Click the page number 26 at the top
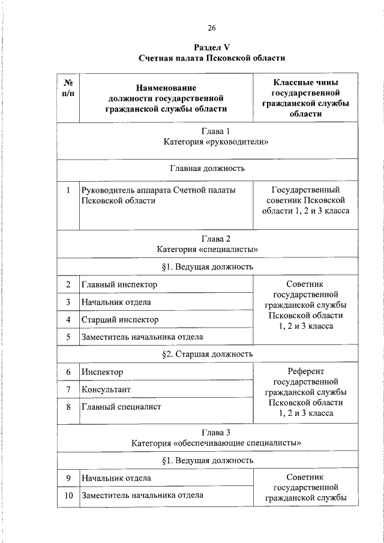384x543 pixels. pyautogui.click(x=211, y=28)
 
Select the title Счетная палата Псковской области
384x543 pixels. pyautogui.click(x=211, y=58)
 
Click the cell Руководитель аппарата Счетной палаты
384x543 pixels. pyautogui.click(x=158, y=190)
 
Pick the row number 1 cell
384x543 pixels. pyautogui.click(x=68, y=190)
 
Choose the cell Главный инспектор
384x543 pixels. pyautogui.click(x=119, y=284)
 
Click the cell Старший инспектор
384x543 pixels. pyautogui.click(x=120, y=319)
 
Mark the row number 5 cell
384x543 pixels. pyautogui.click(x=68, y=337)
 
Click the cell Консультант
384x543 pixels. pyautogui.click(x=106, y=389)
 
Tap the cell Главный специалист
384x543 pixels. pyautogui.click(x=122, y=407)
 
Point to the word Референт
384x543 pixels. pyautogui.click(x=305, y=371)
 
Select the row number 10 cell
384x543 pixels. pyautogui.click(x=68, y=496)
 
